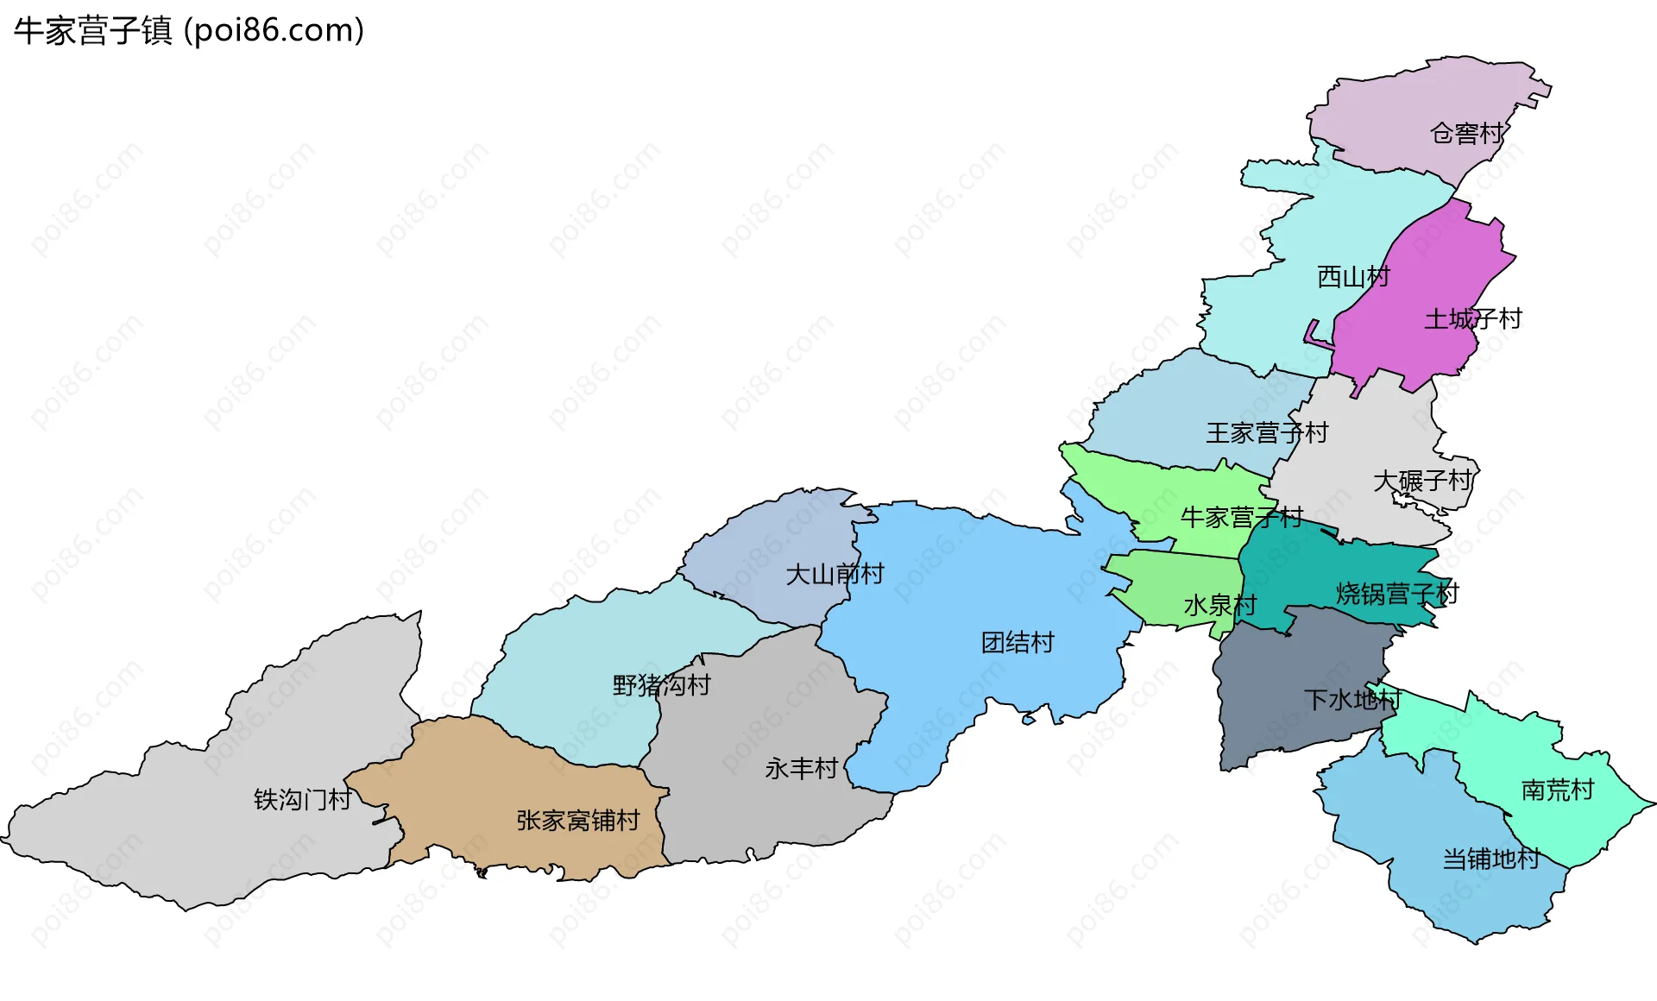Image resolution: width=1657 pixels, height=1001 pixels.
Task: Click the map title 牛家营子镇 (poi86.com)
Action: [x=189, y=30]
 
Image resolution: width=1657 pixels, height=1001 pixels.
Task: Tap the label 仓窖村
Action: [x=1466, y=134]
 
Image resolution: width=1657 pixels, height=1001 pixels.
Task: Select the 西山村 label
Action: [x=1353, y=277]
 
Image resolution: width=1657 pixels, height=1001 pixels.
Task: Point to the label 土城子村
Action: [x=1472, y=319]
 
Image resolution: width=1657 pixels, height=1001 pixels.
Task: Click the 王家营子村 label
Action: [x=1266, y=433]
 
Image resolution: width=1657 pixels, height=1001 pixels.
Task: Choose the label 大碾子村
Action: [x=1421, y=481]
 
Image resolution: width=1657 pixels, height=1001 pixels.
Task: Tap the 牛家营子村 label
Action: [x=1241, y=518]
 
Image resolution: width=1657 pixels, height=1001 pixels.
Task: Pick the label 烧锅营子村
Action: [x=1396, y=594]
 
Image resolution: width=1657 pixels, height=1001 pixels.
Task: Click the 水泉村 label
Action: [x=1219, y=606]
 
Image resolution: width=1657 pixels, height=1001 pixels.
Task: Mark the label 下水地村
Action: [x=1351, y=700]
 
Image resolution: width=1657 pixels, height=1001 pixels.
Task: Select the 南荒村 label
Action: [x=1557, y=790]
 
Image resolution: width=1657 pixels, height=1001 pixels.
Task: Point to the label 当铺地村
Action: [x=1490, y=859]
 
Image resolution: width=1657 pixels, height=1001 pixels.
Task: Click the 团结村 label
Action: [x=1018, y=643]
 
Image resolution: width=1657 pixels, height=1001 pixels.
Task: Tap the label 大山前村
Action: [x=835, y=575]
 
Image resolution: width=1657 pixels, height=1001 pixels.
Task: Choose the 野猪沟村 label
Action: [x=661, y=686]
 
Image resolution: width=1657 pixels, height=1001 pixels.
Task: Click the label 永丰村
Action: [x=801, y=769]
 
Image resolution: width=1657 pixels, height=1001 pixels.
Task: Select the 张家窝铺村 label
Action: [x=577, y=821]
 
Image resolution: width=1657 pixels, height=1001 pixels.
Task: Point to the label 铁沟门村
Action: [x=302, y=801]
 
